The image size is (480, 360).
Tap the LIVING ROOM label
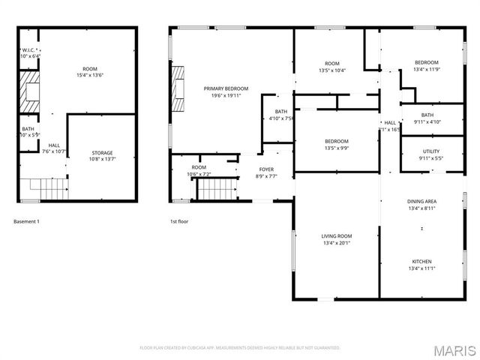pos(336,236)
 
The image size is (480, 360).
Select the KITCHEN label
pos(421,262)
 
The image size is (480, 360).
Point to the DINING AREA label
pos(421,202)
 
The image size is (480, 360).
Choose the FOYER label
pos(266,169)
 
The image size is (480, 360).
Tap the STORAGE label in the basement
pos(102,153)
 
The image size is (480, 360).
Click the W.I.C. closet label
pos(29,50)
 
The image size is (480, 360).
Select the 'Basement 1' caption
pos(27,222)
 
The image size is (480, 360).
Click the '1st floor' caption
pos(179,222)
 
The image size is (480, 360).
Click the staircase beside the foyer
pos(217,190)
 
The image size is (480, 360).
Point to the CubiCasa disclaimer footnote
pos(240,348)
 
